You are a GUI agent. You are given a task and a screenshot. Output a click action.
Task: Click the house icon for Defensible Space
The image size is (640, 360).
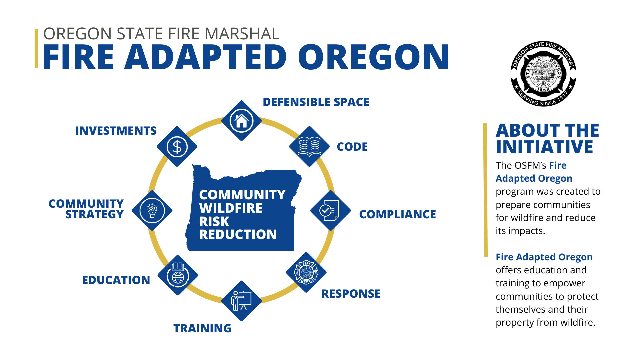(x=242, y=121)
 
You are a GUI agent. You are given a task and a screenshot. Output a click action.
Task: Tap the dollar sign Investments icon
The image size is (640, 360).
(x=177, y=147)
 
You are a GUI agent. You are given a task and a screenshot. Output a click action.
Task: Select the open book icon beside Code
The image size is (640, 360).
(x=309, y=147)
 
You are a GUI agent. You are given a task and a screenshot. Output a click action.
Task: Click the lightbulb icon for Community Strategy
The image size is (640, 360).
(x=152, y=211)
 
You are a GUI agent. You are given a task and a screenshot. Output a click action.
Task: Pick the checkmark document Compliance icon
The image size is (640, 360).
(x=330, y=211)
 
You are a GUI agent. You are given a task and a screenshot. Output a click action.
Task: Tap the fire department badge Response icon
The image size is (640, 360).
(x=306, y=272)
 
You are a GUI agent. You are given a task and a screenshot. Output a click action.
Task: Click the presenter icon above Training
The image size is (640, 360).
(x=242, y=301)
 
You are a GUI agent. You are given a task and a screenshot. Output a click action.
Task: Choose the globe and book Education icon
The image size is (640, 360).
(x=178, y=275)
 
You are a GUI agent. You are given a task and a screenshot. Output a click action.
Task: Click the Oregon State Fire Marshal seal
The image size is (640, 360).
(x=543, y=74)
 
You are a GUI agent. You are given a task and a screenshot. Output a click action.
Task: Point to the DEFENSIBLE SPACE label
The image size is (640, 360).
(x=316, y=102)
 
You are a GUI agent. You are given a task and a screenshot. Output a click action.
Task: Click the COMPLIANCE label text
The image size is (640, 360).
(x=397, y=214)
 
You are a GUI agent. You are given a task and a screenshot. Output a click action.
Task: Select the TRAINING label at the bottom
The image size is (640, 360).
(x=202, y=328)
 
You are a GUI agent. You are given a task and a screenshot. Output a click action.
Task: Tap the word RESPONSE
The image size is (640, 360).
(x=351, y=294)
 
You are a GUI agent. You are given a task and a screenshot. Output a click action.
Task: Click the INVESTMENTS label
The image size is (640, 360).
(x=116, y=131)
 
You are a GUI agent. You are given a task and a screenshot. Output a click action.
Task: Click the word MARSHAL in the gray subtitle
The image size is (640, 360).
(x=242, y=34)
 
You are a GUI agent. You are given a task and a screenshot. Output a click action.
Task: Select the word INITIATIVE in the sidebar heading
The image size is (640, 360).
(x=545, y=147)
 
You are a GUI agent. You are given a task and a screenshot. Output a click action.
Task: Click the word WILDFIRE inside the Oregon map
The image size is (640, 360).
(x=231, y=208)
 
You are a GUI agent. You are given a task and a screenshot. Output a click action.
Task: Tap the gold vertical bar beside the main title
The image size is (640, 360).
(x=36, y=48)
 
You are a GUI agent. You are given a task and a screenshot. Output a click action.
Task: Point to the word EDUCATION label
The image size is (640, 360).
(x=116, y=280)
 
